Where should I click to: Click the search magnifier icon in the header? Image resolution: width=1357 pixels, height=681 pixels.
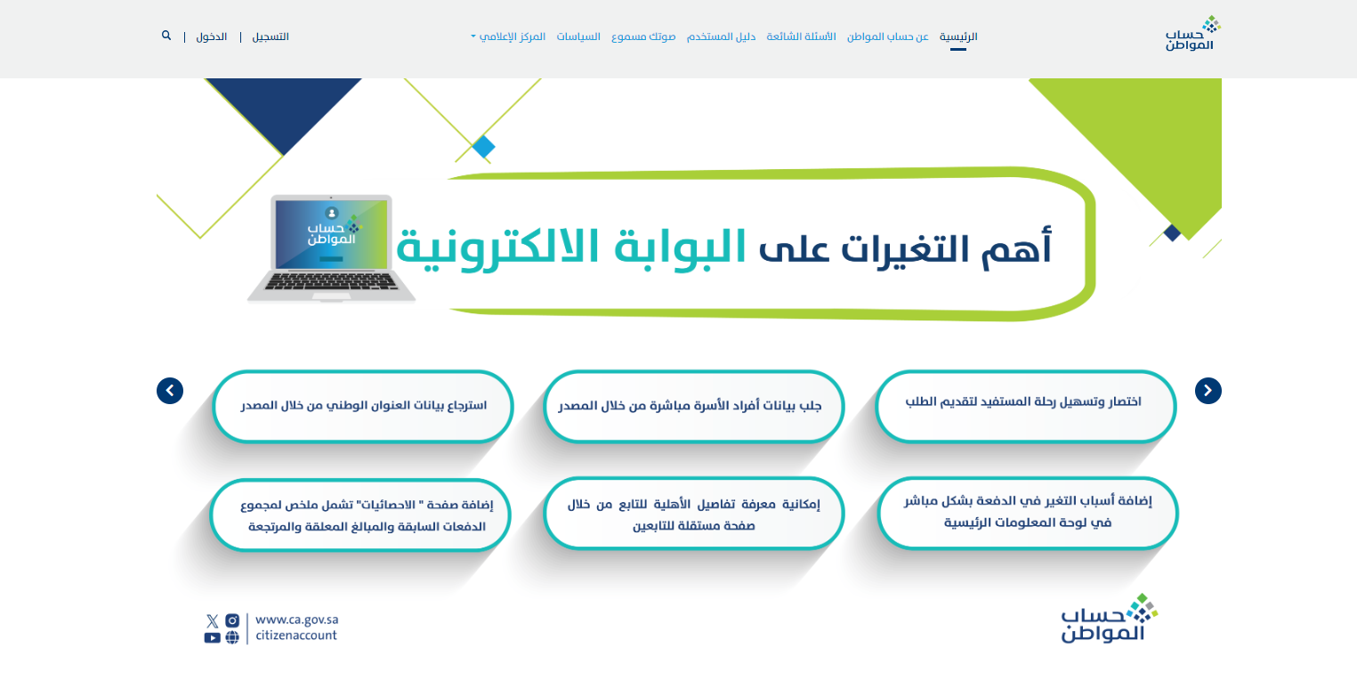click(x=166, y=36)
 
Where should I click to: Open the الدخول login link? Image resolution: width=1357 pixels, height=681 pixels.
click(x=212, y=37)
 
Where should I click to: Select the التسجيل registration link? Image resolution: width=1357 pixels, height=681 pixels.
click(x=271, y=37)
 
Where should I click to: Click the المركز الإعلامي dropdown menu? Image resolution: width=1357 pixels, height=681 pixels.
click(x=508, y=37)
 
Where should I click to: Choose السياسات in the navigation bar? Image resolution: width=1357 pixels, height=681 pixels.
click(x=578, y=37)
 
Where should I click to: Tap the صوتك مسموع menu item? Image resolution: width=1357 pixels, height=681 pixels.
click(x=643, y=37)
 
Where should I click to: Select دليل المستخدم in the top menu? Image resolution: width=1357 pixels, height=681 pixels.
click(x=721, y=37)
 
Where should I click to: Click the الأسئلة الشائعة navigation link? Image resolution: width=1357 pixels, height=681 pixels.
click(x=801, y=37)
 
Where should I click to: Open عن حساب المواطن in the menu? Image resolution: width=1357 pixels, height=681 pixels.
click(x=887, y=37)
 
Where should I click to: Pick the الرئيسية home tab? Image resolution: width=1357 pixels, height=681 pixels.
click(x=958, y=37)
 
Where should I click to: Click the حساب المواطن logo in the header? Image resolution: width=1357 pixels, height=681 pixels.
click(x=1192, y=33)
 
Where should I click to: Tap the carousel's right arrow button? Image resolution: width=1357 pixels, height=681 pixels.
click(x=1208, y=391)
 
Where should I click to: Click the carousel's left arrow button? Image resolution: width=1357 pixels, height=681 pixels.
click(x=170, y=391)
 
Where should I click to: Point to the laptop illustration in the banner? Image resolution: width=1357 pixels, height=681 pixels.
click(x=331, y=247)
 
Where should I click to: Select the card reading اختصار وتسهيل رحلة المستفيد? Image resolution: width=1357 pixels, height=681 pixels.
click(x=1026, y=406)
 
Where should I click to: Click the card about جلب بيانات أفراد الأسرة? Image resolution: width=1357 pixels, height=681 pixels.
click(x=694, y=406)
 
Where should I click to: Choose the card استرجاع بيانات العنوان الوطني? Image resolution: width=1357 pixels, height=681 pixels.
click(x=363, y=406)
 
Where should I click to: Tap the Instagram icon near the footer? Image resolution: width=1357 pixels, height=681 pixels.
click(x=232, y=620)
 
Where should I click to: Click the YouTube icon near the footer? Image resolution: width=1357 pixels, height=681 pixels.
click(x=212, y=638)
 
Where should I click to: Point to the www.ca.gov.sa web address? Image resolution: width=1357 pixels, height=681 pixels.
click(x=297, y=620)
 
